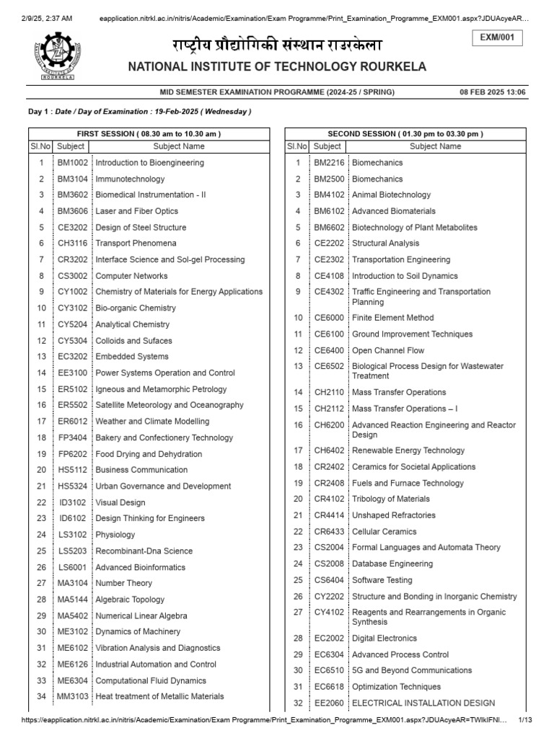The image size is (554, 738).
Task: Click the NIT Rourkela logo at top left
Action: coord(54,56)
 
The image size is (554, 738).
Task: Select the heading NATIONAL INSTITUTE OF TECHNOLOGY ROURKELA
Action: coord(277,67)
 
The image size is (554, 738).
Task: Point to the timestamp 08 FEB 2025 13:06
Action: coord(493,92)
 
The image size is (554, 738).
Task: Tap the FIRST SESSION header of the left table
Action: coord(149,134)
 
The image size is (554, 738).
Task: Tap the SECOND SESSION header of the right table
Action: coord(405,134)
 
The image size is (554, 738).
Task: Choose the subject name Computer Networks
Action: coord(131,276)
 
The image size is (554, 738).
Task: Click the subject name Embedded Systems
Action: coord(132,357)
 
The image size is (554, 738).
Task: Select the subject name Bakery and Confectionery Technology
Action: coord(164,437)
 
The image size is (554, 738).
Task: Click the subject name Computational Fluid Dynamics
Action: coord(151,680)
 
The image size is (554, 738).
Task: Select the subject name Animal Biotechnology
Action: coord(391,195)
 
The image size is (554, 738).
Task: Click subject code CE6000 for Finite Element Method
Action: coord(328,318)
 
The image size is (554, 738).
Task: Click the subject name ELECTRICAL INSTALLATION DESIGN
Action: coord(423,703)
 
